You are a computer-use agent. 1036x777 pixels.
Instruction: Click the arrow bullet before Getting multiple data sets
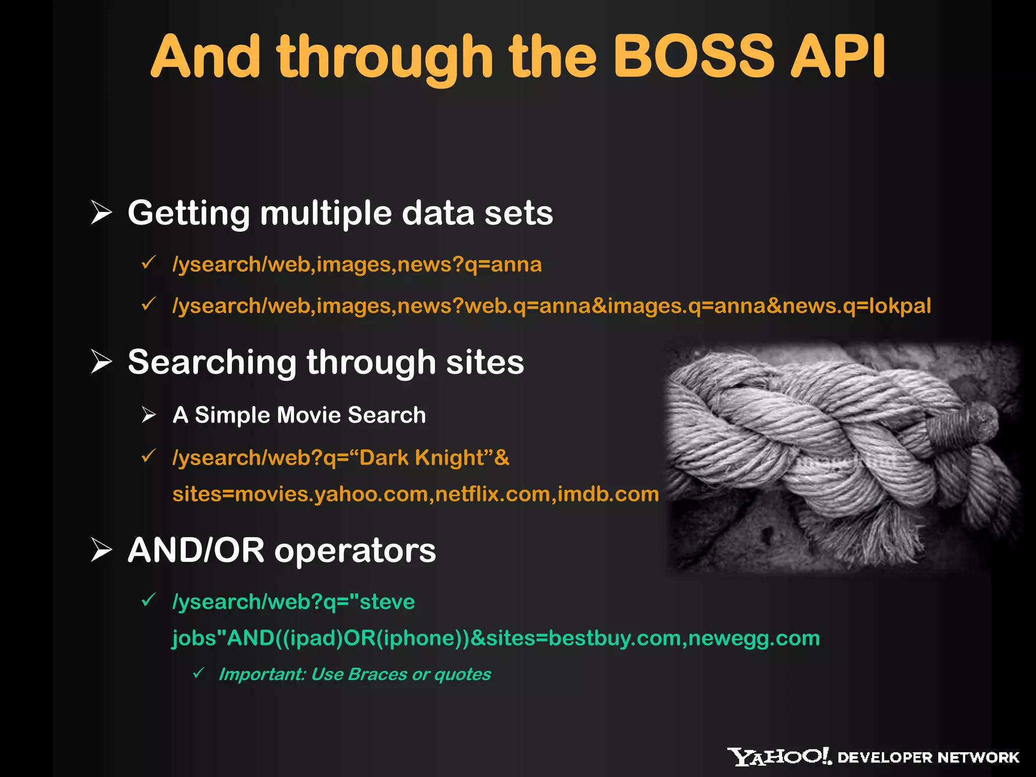tap(101, 212)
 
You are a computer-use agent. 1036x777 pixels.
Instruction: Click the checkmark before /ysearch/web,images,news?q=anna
tap(148, 263)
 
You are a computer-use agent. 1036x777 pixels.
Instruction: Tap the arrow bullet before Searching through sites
tap(101, 362)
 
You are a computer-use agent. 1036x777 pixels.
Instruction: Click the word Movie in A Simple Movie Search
tap(309, 415)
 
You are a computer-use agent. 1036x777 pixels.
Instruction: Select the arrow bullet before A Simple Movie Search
tap(149, 414)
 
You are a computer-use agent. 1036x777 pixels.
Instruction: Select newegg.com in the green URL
tap(754, 638)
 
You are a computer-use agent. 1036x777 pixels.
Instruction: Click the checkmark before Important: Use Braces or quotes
tap(199, 673)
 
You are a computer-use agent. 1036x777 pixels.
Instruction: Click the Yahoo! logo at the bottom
tap(779, 757)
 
